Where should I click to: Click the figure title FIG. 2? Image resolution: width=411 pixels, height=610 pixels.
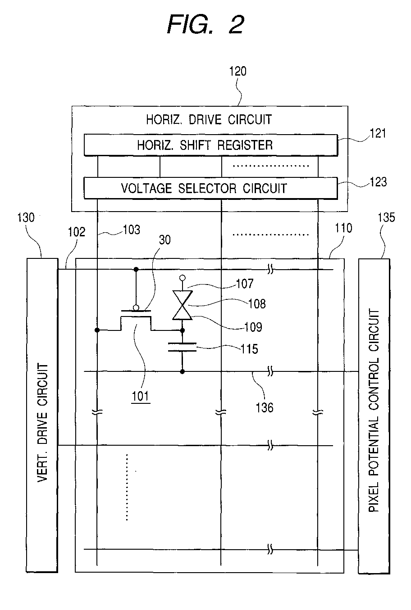point(205,24)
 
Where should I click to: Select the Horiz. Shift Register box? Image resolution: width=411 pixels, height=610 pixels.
point(210,145)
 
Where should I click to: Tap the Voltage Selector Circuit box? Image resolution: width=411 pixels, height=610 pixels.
point(210,188)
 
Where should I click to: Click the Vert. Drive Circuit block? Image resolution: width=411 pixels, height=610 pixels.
point(42,415)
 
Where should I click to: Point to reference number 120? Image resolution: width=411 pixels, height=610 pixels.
point(237,71)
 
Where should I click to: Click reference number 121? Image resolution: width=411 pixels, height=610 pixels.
point(378,134)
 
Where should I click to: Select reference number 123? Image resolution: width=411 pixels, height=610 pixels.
point(378,182)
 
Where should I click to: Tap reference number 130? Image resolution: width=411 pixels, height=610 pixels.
point(26,218)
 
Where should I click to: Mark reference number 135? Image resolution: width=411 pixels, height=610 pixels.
point(386,218)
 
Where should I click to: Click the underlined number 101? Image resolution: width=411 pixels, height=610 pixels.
point(141,397)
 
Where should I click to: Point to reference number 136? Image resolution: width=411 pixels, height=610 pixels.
point(265,408)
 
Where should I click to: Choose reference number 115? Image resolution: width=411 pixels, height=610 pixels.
point(249,349)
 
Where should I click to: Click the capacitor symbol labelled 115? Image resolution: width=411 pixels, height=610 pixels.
point(183,347)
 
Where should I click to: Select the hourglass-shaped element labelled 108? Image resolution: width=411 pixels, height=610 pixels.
point(183,305)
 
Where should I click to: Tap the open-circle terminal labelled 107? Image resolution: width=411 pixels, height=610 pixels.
point(183,278)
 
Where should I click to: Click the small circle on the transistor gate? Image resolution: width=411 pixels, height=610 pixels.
point(136,308)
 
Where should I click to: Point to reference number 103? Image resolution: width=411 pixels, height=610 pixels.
point(132,230)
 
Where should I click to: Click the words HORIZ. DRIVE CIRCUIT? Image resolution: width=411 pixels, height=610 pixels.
point(209,120)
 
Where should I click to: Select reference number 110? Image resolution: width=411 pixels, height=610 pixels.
point(343,228)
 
